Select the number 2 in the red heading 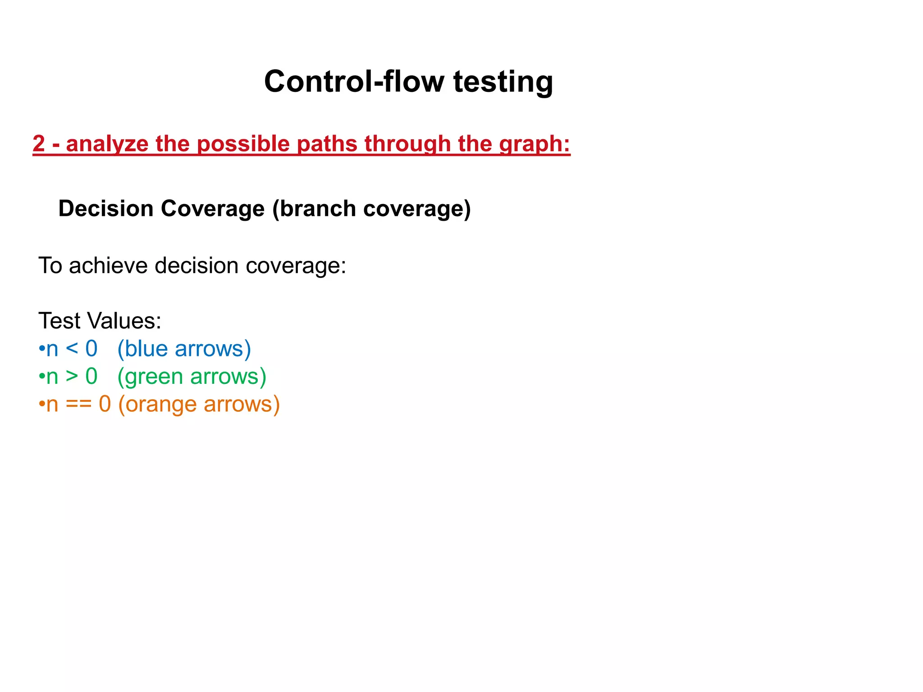39,144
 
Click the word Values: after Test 124,321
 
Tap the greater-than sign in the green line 72,377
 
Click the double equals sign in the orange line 78,404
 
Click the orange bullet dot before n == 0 41,404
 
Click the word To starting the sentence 50,265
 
